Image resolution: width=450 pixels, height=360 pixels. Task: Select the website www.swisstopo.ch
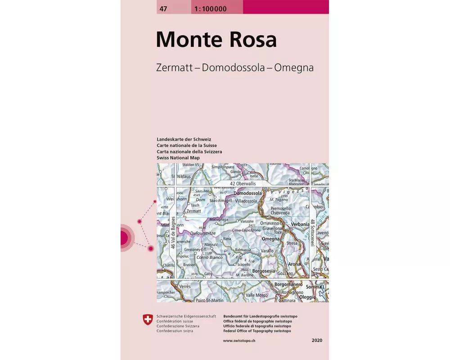click(x=239, y=341)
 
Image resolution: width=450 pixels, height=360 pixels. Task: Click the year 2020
click(x=317, y=341)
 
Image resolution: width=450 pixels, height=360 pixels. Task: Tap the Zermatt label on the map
click(x=193, y=211)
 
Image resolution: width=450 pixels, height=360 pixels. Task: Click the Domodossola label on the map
click(x=248, y=193)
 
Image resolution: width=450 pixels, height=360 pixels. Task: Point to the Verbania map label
click(x=300, y=224)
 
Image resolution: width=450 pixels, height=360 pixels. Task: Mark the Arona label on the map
click(x=294, y=264)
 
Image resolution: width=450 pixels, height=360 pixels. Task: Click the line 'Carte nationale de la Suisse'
click(x=187, y=146)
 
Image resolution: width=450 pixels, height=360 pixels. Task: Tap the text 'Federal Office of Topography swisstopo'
click(x=257, y=331)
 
